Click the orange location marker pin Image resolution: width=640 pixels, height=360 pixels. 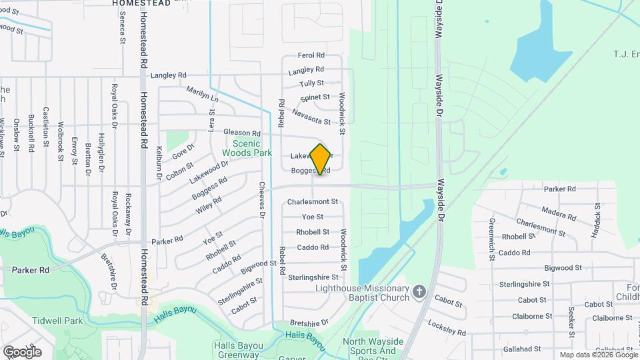pos(321,159)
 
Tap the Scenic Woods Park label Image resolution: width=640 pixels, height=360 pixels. pos(247,148)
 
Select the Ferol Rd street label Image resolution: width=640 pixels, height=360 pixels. pos(311,55)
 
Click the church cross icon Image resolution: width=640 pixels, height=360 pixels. pos(419,292)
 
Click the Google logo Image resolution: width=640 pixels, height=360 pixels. pos(22,351)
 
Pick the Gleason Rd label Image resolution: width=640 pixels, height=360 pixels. pos(241,133)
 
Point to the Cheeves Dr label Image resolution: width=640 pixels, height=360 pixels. pos(262,201)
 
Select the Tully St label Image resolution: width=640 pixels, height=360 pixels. pos(311,83)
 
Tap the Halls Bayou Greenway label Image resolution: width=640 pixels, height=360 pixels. pos(236,349)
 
